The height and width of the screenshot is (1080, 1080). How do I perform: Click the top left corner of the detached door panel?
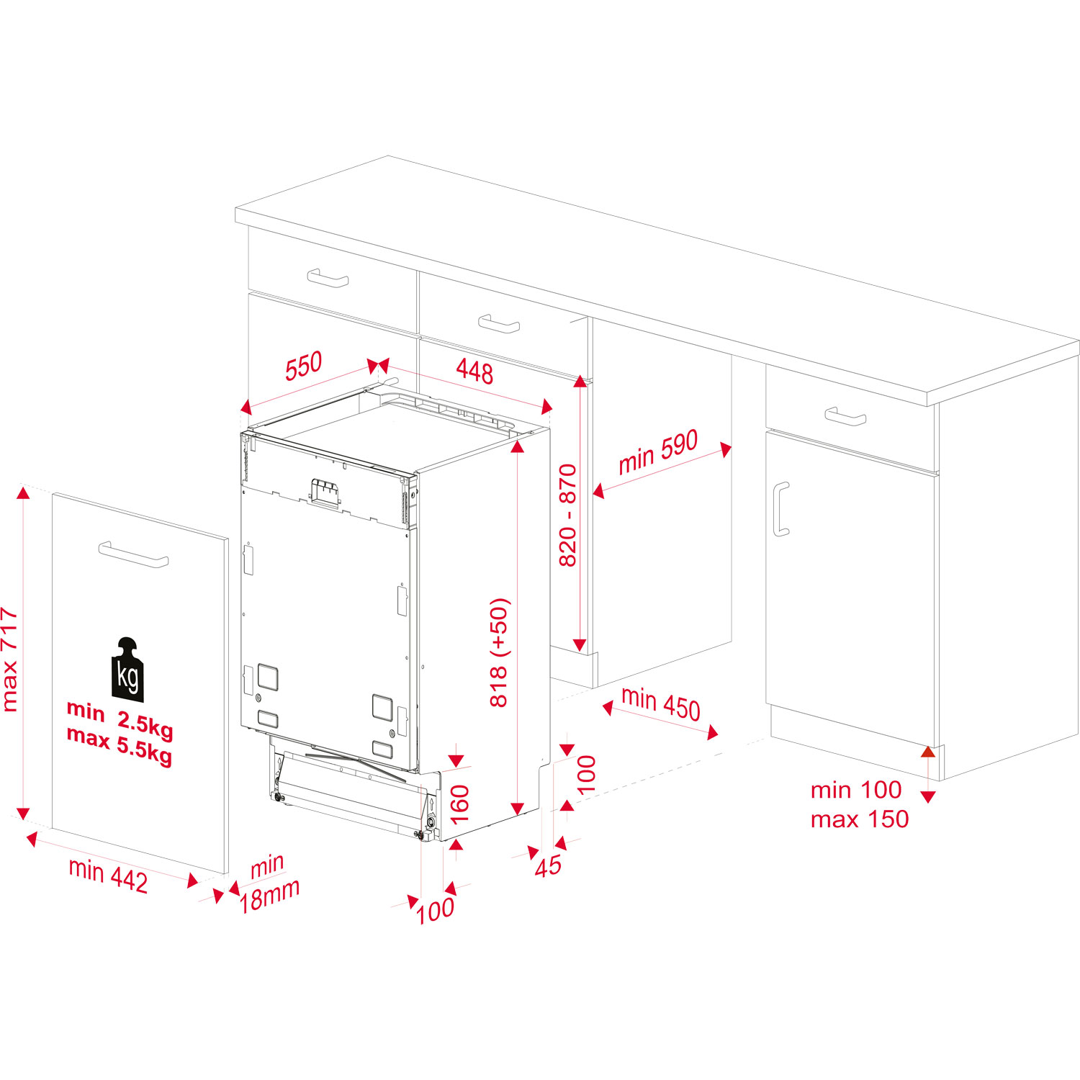pyautogui.click(x=53, y=494)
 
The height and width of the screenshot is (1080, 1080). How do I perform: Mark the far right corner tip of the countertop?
pyautogui.click(x=1079, y=345)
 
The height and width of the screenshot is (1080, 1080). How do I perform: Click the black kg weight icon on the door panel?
pyautogui.click(x=128, y=669)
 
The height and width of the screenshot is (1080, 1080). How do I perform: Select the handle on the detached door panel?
pyautogui.click(x=134, y=554)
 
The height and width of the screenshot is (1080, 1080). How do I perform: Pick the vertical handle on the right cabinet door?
pyautogui.click(x=781, y=509)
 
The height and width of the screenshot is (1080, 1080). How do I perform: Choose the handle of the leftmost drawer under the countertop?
pyautogui.click(x=328, y=278)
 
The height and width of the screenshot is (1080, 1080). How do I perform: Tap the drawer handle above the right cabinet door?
pyautogui.click(x=845, y=416)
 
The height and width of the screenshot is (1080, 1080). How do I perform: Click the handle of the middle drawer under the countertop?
pyautogui.click(x=499, y=324)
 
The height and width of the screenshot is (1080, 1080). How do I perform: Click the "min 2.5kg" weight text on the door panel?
pyautogui.click(x=120, y=720)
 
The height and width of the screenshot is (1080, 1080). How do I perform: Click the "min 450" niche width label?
pyautogui.click(x=661, y=703)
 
